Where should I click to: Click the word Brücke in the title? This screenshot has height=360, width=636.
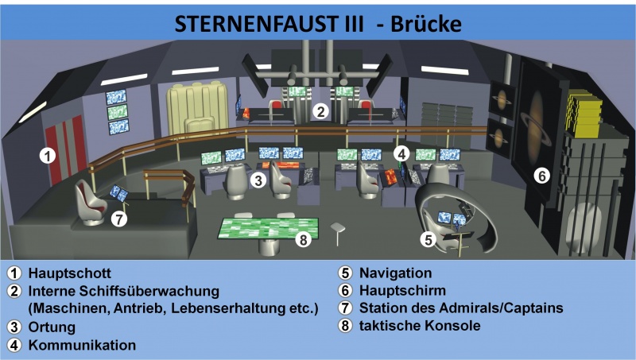point(426,24)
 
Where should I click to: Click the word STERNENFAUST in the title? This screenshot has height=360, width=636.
point(257,24)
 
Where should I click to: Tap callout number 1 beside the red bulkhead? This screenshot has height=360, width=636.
point(48,156)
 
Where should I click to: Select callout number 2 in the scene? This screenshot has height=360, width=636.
point(321,111)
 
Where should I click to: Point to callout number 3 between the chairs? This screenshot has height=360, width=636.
point(258,180)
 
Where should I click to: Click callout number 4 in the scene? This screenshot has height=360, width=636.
point(401,154)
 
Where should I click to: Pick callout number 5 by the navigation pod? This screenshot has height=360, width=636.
point(429,239)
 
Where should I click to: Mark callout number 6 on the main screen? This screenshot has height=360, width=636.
point(541,176)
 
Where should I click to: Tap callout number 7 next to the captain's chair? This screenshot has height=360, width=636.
point(118,219)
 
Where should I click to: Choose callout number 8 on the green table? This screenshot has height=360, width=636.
point(304,240)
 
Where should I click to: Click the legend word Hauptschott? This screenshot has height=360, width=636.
point(69,273)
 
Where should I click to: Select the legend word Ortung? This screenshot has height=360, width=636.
point(52,327)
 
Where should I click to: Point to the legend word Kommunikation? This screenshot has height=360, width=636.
point(82,346)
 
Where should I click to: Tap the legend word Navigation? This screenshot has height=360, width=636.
point(395,273)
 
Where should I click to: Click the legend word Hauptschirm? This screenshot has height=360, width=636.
point(402,291)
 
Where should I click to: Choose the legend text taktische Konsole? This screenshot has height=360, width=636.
point(420,326)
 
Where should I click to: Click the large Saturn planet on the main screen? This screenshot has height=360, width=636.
point(536,118)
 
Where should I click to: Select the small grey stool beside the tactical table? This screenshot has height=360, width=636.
point(337,233)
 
